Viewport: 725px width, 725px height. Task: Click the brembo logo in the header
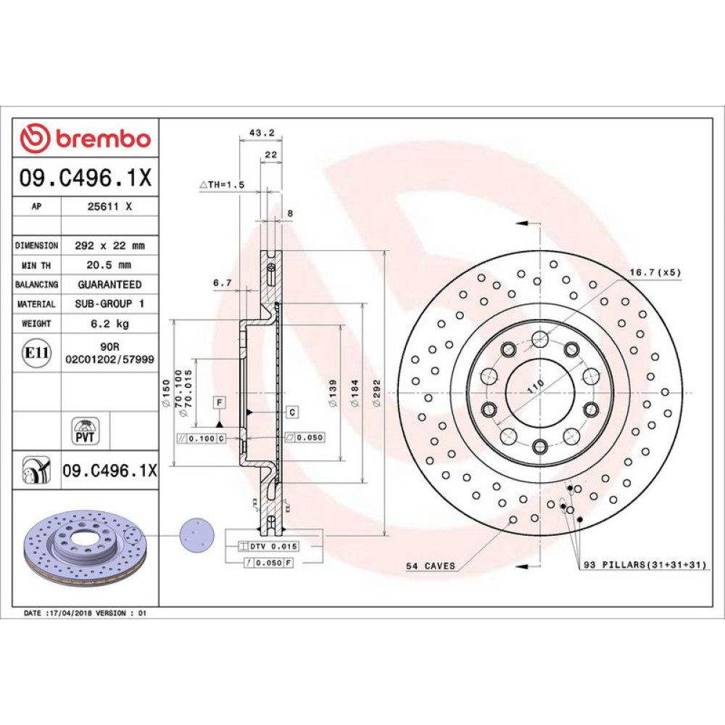pyautogui.click(x=86, y=138)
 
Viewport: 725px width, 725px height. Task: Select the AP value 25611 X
pyautogui.click(x=109, y=207)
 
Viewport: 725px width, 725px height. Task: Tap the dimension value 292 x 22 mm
pyautogui.click(x=109, y=246)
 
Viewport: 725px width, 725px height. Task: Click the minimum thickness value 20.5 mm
pyautogui.click(x=109, y=265)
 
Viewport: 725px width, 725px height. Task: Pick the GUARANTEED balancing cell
pyautogui.click(x=109, y=284)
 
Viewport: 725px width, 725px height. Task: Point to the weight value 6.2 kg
pyautogui.click(x=109, y=323)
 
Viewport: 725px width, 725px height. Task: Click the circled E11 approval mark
pyautogui.click(x=36, y=353)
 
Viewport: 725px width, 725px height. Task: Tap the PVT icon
pyautogui.click(x=85, y=431)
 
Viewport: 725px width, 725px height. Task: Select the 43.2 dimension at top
pyautogui.click(x=262, y=133)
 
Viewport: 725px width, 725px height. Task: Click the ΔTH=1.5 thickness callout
pyautogui.click(x=222, y=184)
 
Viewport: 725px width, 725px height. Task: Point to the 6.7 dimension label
pyautogui.click(x=223, y=283)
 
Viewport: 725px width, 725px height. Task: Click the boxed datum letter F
pyautogui.click(x=219, y=402)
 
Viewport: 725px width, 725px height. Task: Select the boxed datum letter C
pyautogui.click(x=292, y=412)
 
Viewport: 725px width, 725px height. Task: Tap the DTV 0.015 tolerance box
pyautogui.click(x=268, y=547)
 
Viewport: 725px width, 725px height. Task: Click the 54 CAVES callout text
pyautogui.click(x=431, y=566)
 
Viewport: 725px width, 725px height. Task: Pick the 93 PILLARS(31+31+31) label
pyautogui.click(x=645, y=565)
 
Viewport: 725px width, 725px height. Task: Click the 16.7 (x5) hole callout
pyautogui.click(x=655, y=273)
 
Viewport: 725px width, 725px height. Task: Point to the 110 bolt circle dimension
pyautogui.click(x=536, y=386)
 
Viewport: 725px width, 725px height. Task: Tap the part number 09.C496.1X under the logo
pyautogui.click(x=86, y=178)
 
